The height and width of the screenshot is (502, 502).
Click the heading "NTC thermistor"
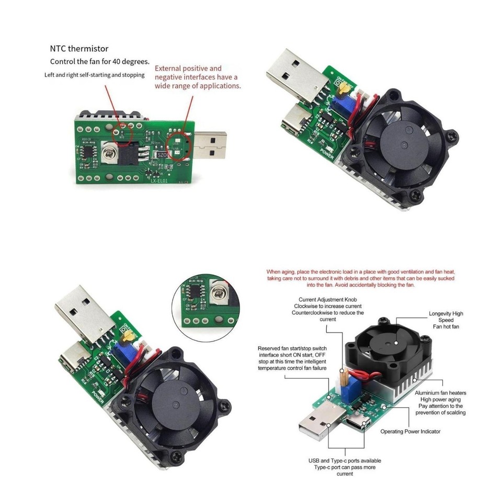coord(79,49)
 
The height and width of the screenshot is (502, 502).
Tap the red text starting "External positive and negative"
coord(198,77)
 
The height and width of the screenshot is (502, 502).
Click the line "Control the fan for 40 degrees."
coord(99,61)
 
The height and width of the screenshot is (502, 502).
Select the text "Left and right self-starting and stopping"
coord(94,75)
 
